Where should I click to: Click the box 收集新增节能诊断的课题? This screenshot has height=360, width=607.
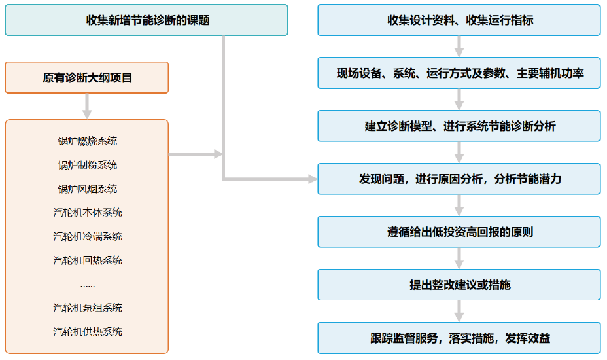[147, 20]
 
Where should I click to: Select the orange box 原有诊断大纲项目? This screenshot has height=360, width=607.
[87, 78]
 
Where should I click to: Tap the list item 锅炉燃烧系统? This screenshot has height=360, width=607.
[88, 141]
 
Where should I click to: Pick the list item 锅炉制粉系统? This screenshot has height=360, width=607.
[88, 165]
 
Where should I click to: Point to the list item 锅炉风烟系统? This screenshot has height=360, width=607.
[88, 189]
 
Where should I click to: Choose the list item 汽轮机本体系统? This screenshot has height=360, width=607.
[88, 213]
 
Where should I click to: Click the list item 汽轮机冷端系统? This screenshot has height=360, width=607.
[88, 236]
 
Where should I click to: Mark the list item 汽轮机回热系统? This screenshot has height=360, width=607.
[88, 261]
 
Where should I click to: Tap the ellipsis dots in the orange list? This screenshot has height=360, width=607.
[88, 285]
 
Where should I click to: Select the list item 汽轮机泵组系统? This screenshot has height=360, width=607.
[88, 308]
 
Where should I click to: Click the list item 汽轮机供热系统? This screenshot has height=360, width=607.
[88, 332]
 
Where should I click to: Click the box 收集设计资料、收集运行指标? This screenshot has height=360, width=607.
[459, 20]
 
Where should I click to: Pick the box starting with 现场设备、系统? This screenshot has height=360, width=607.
[459, 73]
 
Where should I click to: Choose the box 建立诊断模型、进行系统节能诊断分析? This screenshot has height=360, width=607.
[459, 126]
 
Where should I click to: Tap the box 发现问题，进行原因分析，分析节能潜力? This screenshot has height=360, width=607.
[459, 179]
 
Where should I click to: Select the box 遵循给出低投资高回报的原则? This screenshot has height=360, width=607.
[459, 232]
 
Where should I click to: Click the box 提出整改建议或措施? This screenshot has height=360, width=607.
[459, 285]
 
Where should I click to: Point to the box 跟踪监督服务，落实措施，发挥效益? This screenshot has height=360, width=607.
[459, 338]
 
